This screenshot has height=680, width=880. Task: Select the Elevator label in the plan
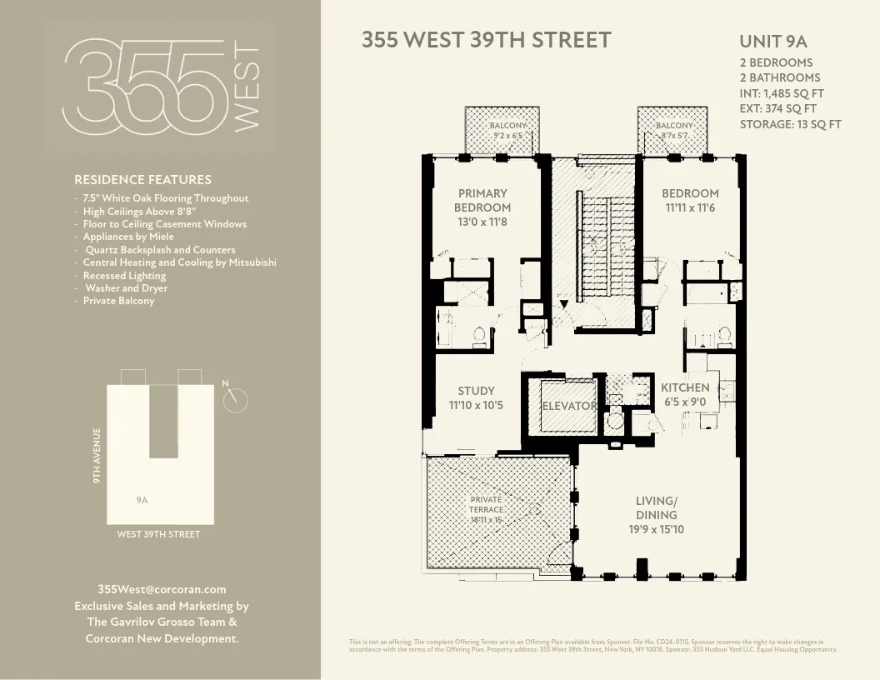tap(569, 407)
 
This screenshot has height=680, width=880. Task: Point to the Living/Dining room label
tap(656, 507)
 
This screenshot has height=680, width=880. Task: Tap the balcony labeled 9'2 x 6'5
tap(507, 130)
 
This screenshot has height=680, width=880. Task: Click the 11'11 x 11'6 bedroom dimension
tap(690, 207)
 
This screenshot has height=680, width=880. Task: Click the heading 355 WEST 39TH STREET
tap(486, 40)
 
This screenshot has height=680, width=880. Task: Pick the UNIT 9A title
tap(772, 42)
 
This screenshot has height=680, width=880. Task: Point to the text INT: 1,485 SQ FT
tap(782, 93)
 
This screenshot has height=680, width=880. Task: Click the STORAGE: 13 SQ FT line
tap(790, 124)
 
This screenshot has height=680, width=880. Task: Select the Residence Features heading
tap(142, 179)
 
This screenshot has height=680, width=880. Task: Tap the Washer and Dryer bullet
tap(126, 288)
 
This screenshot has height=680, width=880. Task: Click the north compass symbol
tap(237, 401)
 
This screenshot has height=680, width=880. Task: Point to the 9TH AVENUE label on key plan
tap(97, 456)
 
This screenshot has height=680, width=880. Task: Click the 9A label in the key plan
tap(142, 500)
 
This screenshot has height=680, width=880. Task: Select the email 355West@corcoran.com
tap(162, 589)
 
